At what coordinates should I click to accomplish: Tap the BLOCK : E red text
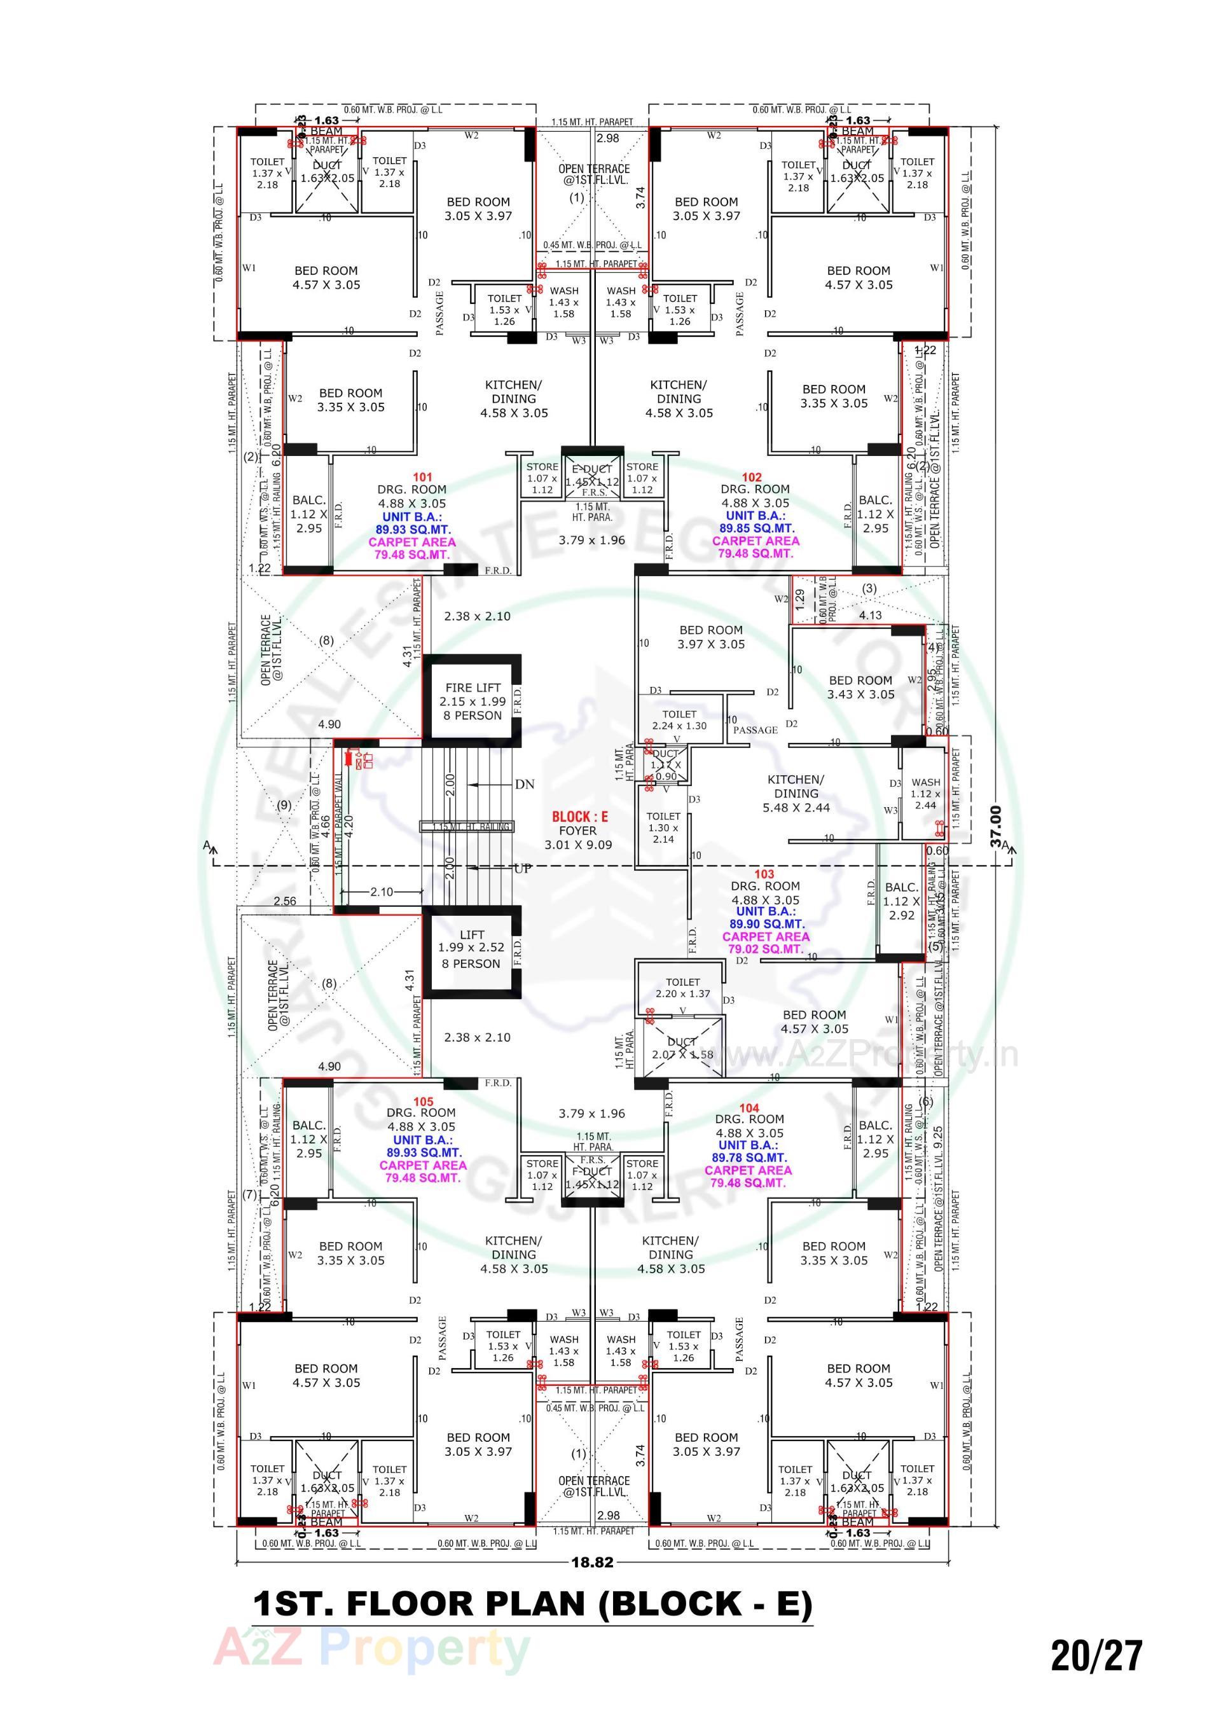point(579,817)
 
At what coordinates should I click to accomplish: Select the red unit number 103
point(763,874)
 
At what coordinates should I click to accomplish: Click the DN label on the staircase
point(525,784)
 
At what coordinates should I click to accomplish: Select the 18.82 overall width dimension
point(593,1561)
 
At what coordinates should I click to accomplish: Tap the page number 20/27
point(1096,1655)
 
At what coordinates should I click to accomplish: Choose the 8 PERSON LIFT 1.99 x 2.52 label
point(471,948)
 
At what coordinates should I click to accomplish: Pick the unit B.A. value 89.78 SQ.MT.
point(748,1158)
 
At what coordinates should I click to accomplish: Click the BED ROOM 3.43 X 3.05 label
point(860,686)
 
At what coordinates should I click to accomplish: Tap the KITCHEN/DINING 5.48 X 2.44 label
point(796,793)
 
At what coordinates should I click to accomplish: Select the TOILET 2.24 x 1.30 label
point(679,719)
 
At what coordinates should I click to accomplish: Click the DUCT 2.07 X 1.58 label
point(682,1047)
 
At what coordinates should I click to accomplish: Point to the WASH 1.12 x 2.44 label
point(925,793)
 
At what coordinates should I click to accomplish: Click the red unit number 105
point(423,1102)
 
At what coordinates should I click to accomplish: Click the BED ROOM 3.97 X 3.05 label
point(710,637)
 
